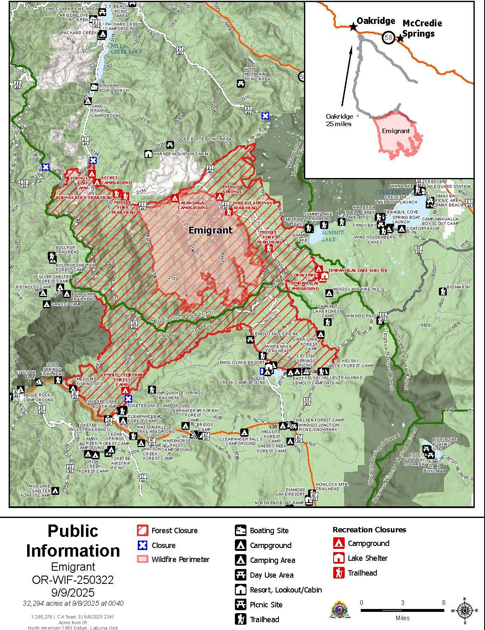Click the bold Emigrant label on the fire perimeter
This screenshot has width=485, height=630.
click(x=210, y=230)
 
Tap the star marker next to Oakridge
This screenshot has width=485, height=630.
click(x=353, y=27)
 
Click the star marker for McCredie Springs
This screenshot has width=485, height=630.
click(x=399, y=38)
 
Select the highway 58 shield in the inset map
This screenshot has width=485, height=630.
click(x=388, y=37)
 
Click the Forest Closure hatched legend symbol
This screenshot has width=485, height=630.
click(x=142, y=530)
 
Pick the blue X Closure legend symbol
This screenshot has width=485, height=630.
click(x=142, y=545)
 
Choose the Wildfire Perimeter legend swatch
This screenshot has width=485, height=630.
click(x=142, y=559)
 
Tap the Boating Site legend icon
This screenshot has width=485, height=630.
click(x=240, y=530)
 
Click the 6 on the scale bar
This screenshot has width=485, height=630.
click(x=443, y=602)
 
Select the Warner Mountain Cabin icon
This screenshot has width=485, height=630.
click(x=148, y=154)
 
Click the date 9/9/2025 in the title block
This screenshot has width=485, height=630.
click(x=73, y=592)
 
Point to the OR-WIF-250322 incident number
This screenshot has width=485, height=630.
click(x=73, y=580)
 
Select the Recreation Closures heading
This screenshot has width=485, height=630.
click(x=369, y=530)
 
